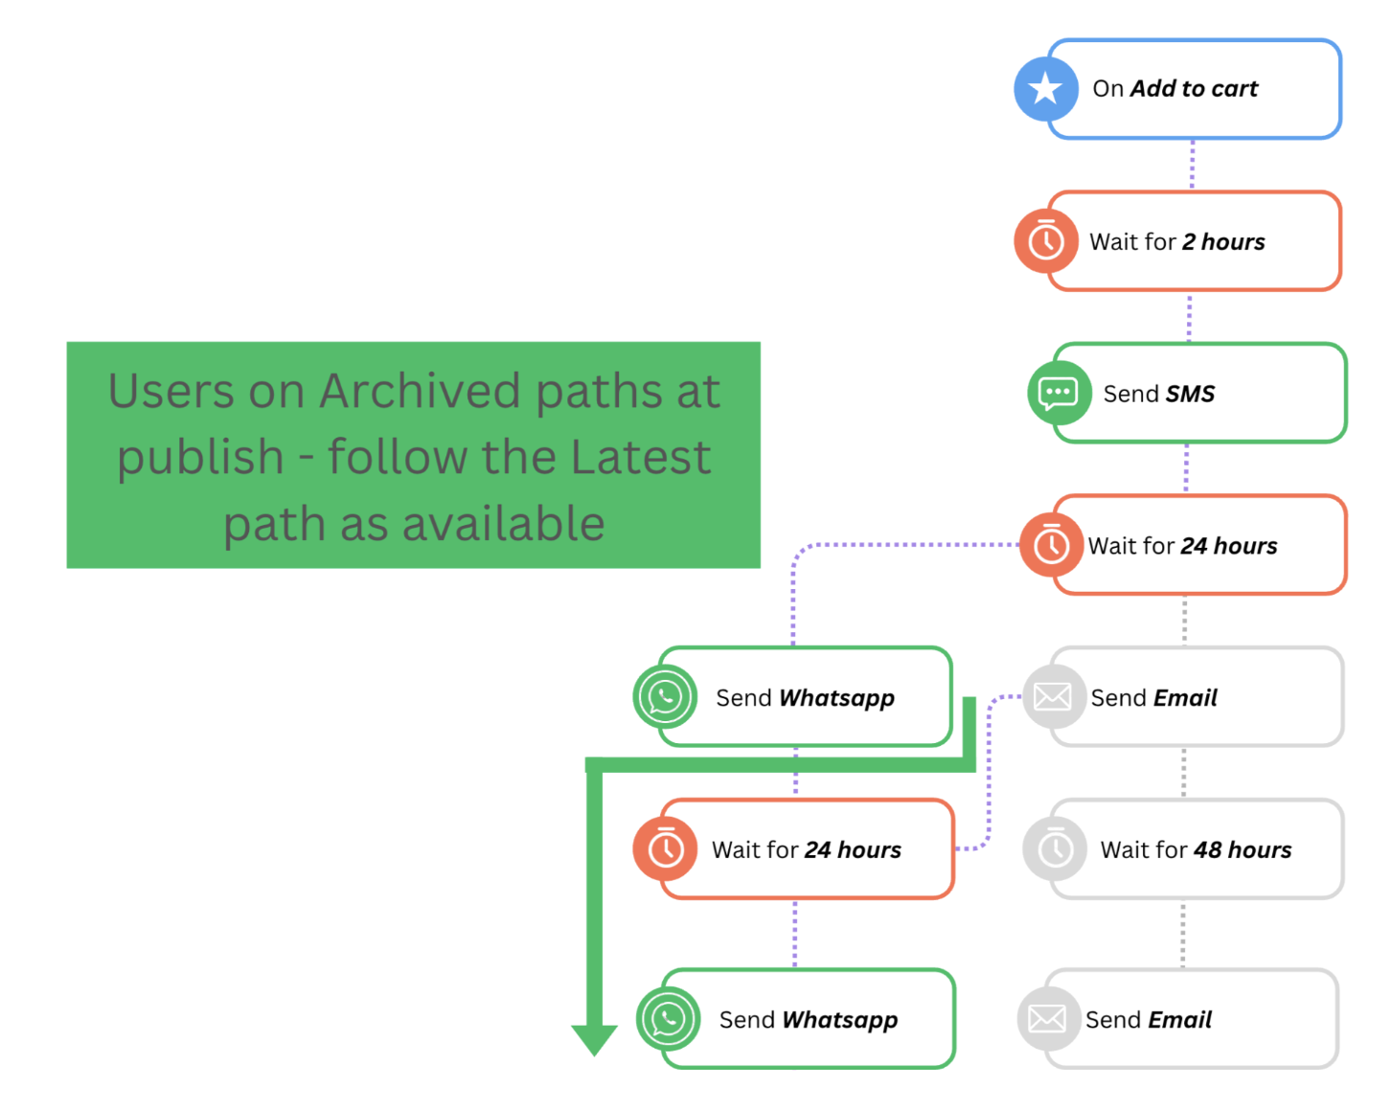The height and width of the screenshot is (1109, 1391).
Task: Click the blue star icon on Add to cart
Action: (1046, 88)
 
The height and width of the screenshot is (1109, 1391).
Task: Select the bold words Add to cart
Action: (1194, 88)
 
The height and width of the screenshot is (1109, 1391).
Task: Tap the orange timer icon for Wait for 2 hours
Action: (1046, 241)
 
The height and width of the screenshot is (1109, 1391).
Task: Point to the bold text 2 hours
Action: (1223, 241)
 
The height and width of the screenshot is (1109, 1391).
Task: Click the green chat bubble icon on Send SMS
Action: (1060, 393)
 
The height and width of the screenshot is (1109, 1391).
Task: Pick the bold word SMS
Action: (1190, 394)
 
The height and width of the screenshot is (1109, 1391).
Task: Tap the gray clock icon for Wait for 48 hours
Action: (1055, 849)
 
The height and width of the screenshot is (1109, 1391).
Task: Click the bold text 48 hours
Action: (1243, 849)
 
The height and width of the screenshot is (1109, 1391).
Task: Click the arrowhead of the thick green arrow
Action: (594, 1040)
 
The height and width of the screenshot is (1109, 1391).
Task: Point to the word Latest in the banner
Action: (641, 457)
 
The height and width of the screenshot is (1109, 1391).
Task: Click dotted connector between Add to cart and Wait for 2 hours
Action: (1192, 164)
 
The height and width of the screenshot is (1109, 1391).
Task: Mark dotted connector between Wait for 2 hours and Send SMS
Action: (1189, 317)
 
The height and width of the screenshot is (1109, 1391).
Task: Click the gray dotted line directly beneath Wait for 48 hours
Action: (1183, 934)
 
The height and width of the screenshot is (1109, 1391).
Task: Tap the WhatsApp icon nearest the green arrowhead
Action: (668, 1019)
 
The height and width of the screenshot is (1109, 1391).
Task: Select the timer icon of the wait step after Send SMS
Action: (1051, 545)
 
